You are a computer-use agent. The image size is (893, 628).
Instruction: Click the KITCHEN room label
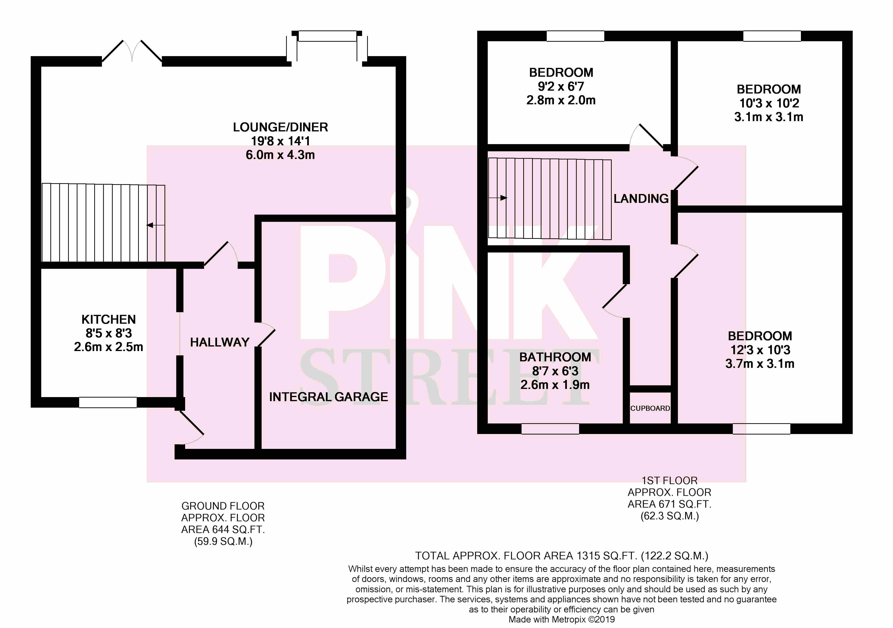(109, 320)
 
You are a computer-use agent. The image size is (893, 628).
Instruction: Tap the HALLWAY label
(220, 342)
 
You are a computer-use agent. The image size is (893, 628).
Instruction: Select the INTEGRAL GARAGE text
(329, 397)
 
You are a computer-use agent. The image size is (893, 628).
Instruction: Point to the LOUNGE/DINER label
(280, 127)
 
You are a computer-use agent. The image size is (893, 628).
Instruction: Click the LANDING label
(641, 199)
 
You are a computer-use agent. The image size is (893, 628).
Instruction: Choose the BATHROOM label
(555, 357)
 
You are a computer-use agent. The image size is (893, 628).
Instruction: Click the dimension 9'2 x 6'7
(561, 86)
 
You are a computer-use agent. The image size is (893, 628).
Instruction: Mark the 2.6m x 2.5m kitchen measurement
(109, 347)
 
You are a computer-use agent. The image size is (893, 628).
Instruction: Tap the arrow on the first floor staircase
(498, 198)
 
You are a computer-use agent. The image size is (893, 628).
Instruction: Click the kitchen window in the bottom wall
(108, 402)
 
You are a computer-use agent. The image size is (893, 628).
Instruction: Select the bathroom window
(550, 428)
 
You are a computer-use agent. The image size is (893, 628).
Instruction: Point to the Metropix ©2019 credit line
(562, 619)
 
